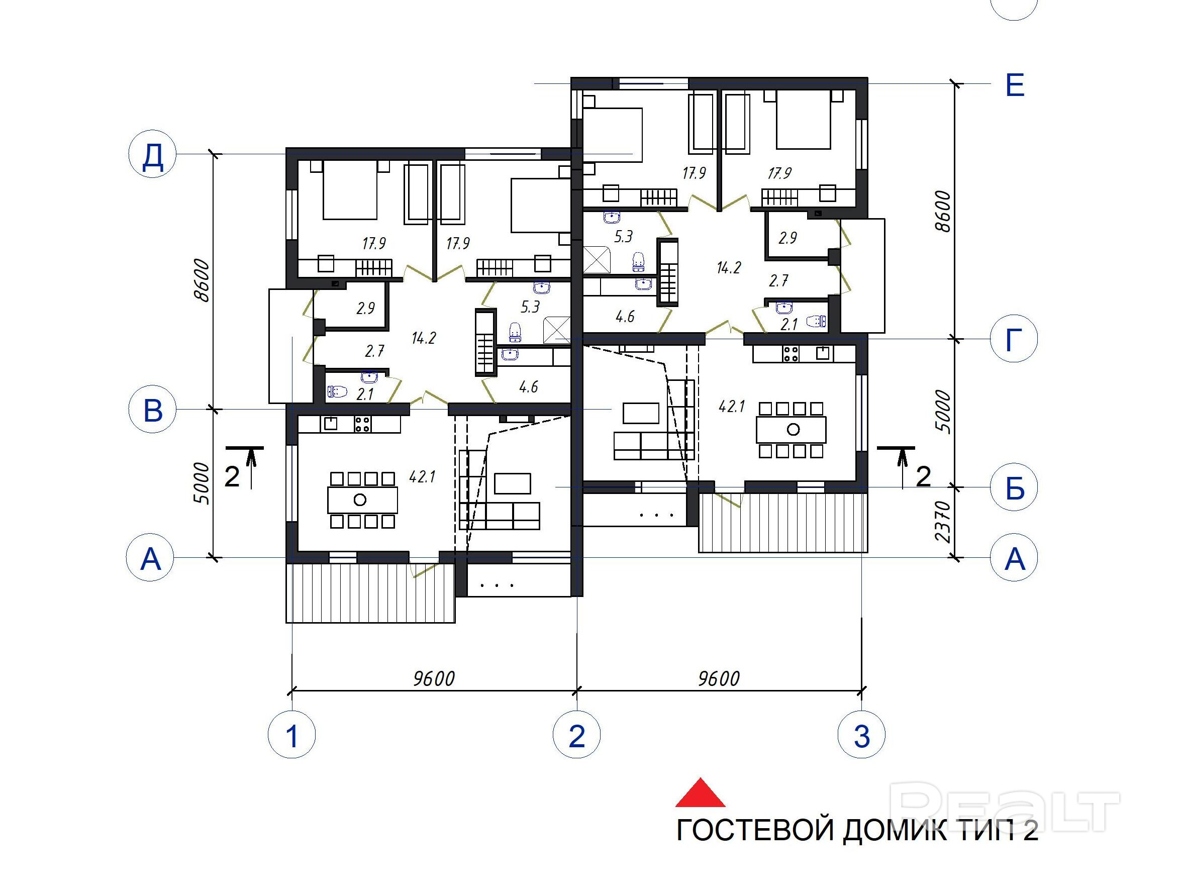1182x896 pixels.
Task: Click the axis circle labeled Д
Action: click(153, 154)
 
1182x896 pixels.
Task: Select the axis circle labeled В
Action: click(153, 409)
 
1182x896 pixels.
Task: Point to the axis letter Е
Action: click(1015, 85)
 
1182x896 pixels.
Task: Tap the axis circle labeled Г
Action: click(1014, 339)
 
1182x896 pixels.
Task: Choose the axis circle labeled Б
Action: click(1014, 487)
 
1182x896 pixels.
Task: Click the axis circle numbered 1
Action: click(292, 735)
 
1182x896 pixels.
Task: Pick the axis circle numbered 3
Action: click(861, 735)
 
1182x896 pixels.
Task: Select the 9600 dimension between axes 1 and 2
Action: click(434, 678)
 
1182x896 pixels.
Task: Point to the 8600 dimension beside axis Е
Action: click(944, 211)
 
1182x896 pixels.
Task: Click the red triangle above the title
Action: click(701, 793)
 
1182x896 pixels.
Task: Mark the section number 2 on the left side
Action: click(232, 476)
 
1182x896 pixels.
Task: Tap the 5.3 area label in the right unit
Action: click(623, 237)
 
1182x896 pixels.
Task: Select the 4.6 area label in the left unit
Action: click(529, 387)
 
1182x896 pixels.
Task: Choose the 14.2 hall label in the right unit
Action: click(729, 267)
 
